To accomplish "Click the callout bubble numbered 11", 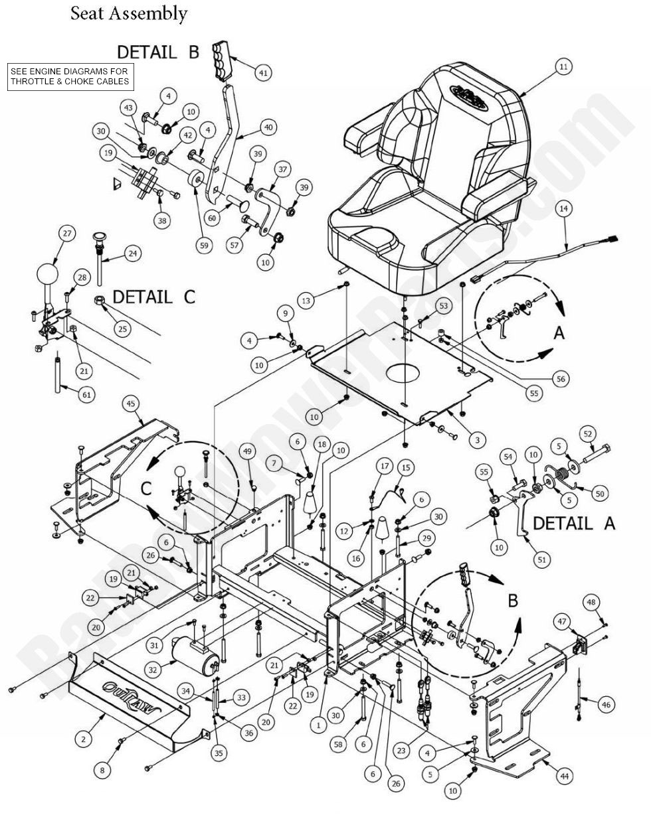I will pos(563,66).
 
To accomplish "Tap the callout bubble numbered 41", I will pos(264,73).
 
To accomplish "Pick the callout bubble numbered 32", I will pos(153,670).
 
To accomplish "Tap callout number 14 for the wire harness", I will pos(564,208).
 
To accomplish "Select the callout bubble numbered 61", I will pos(86,394).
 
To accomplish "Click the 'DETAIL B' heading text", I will pos(158,52).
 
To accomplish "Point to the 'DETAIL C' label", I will pos(154,297).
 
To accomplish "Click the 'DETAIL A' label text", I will pos(574,523).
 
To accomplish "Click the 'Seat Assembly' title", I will pos(129,13).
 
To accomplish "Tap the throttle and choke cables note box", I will pos(69,76).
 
